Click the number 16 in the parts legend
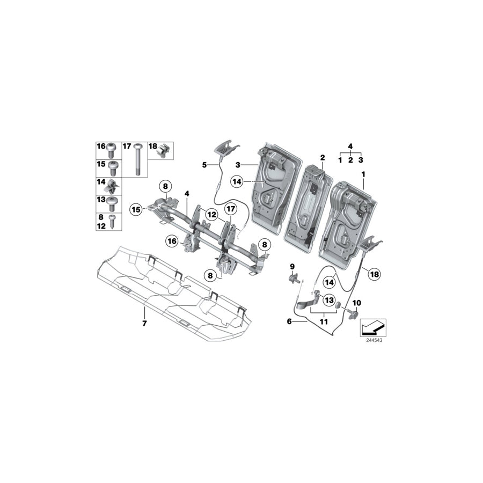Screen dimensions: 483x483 [101, 147]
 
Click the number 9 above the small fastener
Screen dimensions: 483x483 [292, 266]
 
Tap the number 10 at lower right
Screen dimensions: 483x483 [356, 303]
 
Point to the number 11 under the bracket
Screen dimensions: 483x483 [323, 321]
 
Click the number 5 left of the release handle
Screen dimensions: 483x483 [204, 165]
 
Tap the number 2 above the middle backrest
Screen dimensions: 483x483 [323, 158]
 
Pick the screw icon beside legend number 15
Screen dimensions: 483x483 [112, 166]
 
